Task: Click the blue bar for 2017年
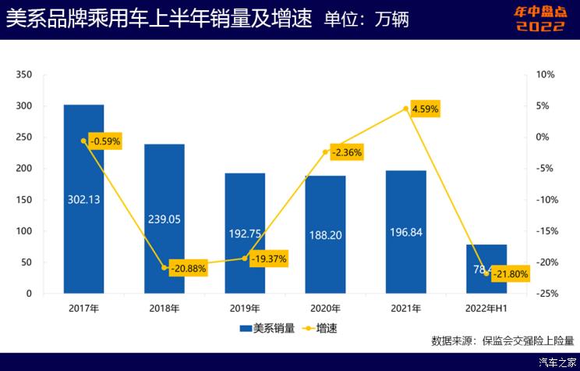tap(83, 199)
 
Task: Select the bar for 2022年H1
tap(486, 269)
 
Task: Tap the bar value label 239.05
tap(164, 219)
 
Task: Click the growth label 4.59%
tap(426, 109)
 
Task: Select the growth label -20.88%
tap(187, 268)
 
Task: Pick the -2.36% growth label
tap(346, 153)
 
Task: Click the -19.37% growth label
tap(269, 259)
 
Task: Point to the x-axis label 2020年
tap(325, 309)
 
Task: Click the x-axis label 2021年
tap(405, 309)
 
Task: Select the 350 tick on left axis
tap(23, 75)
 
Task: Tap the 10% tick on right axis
tap(545, 75)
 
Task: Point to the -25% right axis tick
tap(546, 294)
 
